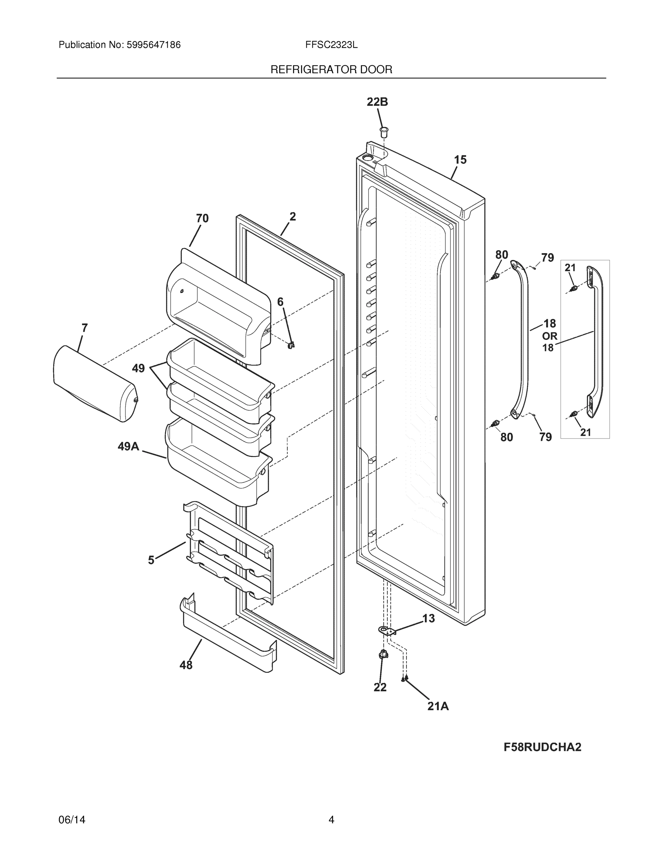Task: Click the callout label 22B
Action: pos(377,102)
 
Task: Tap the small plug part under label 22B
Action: pos(384,132)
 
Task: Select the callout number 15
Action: pos(460,160)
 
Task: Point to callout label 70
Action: pos(202,219)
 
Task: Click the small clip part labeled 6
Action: pos(291,345)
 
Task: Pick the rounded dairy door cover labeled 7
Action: pos(94,384)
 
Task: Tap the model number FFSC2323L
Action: pos(331,45)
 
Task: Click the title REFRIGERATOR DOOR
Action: pos(331,70)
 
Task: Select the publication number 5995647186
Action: pos(153,45)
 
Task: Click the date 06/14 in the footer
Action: pos(72,820)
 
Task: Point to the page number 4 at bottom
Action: pos(331,820)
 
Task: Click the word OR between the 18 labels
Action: pos(549,336)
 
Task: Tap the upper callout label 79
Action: pos(548,258)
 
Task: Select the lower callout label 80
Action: pos(507,437)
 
